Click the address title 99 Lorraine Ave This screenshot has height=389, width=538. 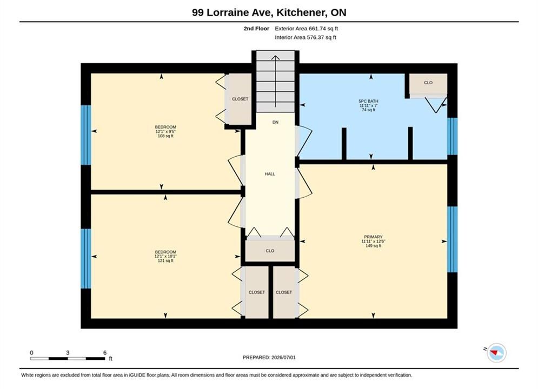pyautogui.click(x=233, y=12)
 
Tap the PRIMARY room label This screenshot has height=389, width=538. pyautogui.click(x=373, y=237)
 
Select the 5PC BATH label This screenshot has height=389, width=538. pyautogui.click(x=368, y=101)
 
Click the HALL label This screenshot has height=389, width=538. pyautogui.click(x=270, y=174)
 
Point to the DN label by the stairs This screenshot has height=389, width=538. pyautogui.click(x=275, y=122)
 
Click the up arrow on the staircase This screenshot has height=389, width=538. pyautogui.click(x=275, y=81)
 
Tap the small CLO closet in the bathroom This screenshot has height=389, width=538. pyautogui.click(x=428, y=84)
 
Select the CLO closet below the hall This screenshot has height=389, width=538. pyautogui.click(x=270, y=251)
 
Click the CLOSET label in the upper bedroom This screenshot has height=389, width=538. pyautogui.click(x=240, y=99)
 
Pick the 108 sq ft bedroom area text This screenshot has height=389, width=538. pyautogui.click(x=165, y=136)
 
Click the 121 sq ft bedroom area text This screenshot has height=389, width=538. pyautogui.click(x=165, y=261)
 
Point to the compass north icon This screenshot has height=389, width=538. pyautogui.click(x=496, y=352)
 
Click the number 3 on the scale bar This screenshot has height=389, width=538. pyautogui.click(x=68, y=353)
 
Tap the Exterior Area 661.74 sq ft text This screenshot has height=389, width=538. pyautogui.click(x=306, y=29)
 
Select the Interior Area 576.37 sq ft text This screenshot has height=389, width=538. pyautogui.click(x=305, y=37)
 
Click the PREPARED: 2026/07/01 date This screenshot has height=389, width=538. pyautogui.click(x=269, y=358)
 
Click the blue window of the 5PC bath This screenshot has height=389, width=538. pyautogui.click(x=452, y=136)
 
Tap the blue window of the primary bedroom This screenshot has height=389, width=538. pyautogui.click(x=452, y=239)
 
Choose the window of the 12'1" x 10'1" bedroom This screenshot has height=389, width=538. pyautogui.click(x=86, y=258)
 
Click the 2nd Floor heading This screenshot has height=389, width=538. pyautogui.click(x=256, y=29)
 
